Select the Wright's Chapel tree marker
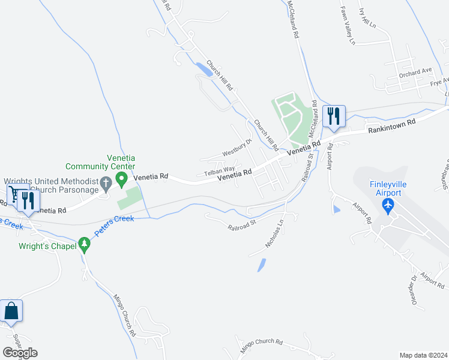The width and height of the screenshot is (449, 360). [85, 245]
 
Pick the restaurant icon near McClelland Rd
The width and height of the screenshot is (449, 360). [333, 115]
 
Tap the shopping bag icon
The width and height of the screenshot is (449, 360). [11, 311]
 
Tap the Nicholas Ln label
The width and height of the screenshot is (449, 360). [274, 235]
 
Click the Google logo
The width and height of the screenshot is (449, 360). [20, 352]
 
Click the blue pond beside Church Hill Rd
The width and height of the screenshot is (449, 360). [204, 70]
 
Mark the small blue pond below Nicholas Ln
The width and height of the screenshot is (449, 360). [261, 264]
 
